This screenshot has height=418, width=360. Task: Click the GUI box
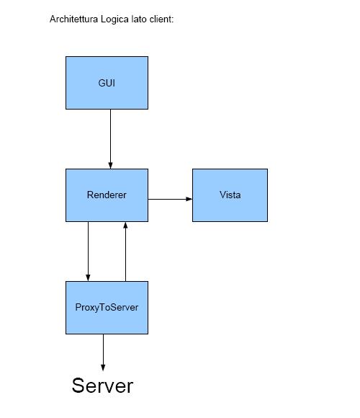107,83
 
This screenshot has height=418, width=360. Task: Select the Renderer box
107,195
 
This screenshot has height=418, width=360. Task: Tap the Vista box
230,195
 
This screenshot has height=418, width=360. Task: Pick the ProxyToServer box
107,308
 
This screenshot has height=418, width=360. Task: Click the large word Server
102,386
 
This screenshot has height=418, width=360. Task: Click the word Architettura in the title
73,19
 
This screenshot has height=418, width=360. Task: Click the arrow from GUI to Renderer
110,139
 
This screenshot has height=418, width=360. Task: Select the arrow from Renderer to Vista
170,199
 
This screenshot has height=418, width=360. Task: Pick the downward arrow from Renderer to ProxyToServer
88,252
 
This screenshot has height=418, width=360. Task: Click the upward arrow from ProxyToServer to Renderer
125,252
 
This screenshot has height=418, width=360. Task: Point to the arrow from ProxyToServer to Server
103,352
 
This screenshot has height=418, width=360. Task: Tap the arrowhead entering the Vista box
189,199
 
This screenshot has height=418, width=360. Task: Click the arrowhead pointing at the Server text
103,368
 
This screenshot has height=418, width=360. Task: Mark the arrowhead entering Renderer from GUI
110,165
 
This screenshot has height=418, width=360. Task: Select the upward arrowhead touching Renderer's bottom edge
125,226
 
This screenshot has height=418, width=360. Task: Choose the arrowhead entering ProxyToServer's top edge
88,277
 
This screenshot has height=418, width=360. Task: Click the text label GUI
107,83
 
